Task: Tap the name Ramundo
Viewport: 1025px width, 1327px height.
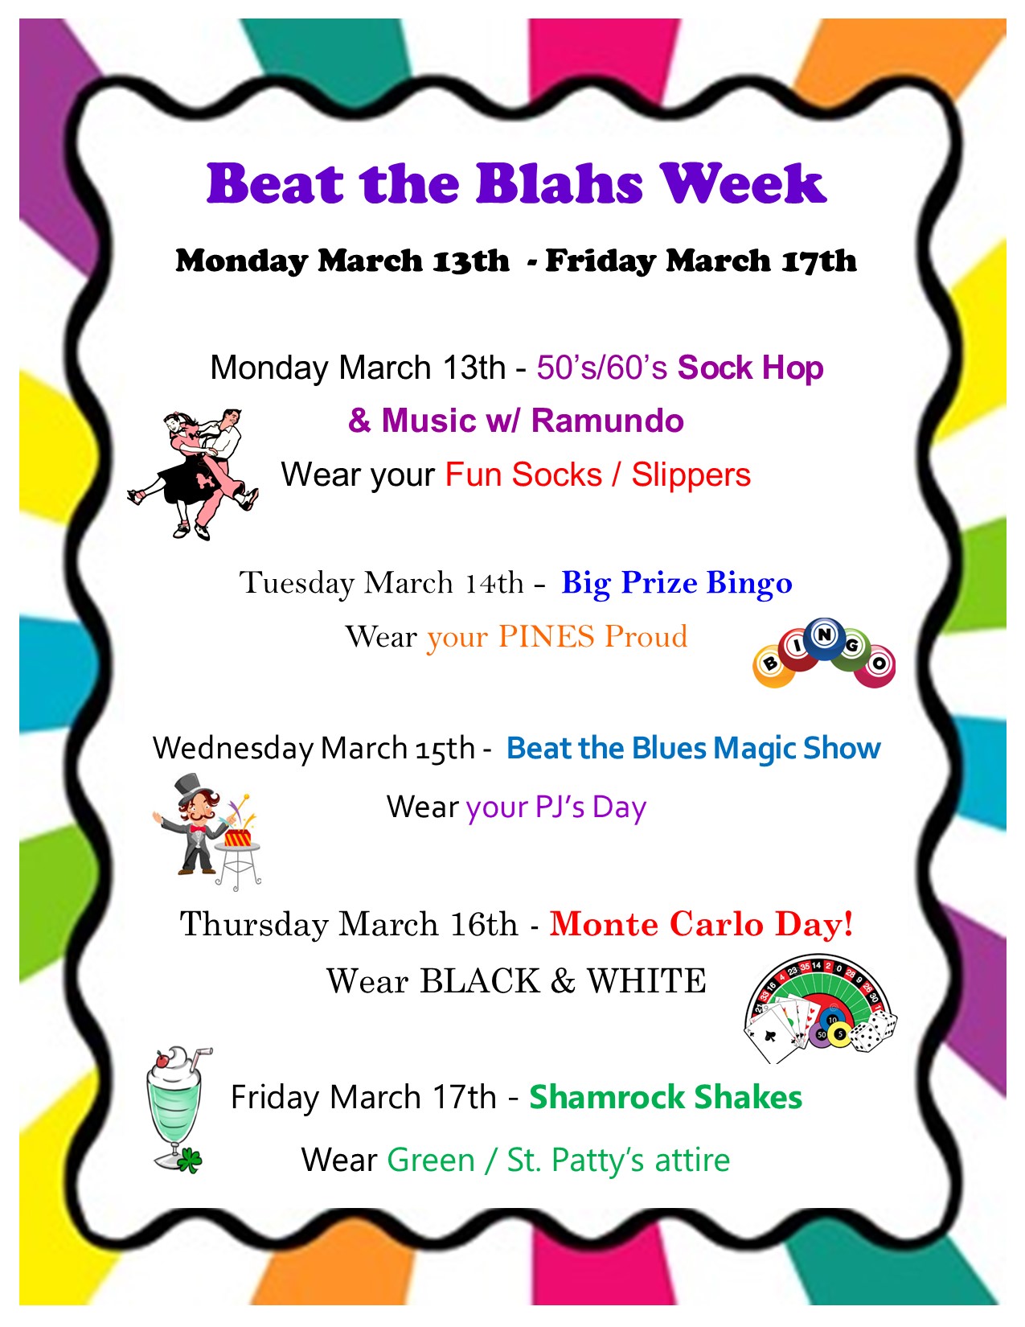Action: click(608, 421)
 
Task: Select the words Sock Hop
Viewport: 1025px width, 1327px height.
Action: click(750, 368)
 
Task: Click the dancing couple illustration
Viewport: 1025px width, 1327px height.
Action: click(193, 475)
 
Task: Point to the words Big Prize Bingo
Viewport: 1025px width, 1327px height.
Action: click(676, 582)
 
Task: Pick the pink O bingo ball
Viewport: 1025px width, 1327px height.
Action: click(875, 666)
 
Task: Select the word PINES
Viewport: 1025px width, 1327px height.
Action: click(547, 636)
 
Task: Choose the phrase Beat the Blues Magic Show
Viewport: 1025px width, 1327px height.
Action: click(694, 748)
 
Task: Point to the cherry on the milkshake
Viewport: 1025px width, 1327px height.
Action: click(162, 1059)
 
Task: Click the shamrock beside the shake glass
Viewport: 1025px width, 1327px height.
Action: click(191, 1161)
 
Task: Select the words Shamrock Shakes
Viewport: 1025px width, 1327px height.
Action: click(666, 1097)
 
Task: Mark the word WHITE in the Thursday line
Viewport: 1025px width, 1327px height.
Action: click(646, 981)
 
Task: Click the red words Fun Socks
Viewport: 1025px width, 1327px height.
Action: click(524, 475)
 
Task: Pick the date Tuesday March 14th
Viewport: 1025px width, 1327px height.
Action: click(381, 582)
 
